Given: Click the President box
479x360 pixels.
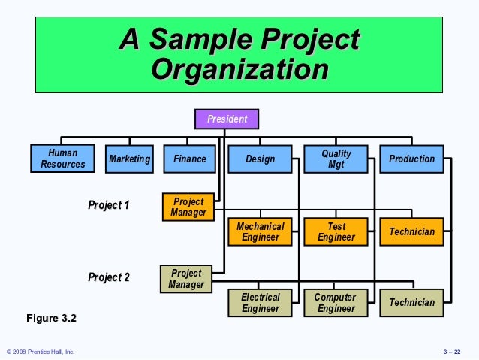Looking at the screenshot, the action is point(227,119).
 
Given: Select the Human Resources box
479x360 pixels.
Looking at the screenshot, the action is point(62,159).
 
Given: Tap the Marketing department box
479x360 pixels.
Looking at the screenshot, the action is point(129,159).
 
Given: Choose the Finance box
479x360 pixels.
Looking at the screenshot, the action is point(189,159).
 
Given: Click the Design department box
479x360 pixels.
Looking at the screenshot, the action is point(260,159).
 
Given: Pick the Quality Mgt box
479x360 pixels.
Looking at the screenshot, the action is point(336,159).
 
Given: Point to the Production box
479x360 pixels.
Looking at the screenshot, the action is point(411,159).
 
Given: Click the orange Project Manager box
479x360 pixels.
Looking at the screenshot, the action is point(188,207).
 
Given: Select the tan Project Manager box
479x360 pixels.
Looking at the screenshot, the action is point(186,279).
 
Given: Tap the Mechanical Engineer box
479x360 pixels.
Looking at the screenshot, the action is point(260,231).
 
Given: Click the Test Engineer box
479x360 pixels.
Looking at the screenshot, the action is point(336,231).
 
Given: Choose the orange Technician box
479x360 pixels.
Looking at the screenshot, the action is point(411,231).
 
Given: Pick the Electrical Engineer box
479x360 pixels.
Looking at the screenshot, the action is point(260,302).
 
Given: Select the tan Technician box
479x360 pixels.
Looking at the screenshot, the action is point(411,302).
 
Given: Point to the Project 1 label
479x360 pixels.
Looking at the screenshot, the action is point(109,204).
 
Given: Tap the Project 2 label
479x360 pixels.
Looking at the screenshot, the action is point(109,277).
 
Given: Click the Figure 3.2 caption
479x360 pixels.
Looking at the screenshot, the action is point(52,319).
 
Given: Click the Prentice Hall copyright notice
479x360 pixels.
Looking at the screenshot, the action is point(41,352).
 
